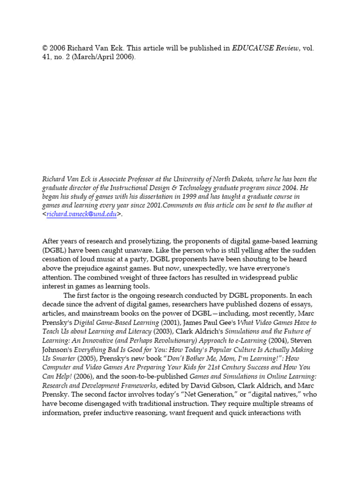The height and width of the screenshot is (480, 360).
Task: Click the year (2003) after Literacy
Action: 161,331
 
